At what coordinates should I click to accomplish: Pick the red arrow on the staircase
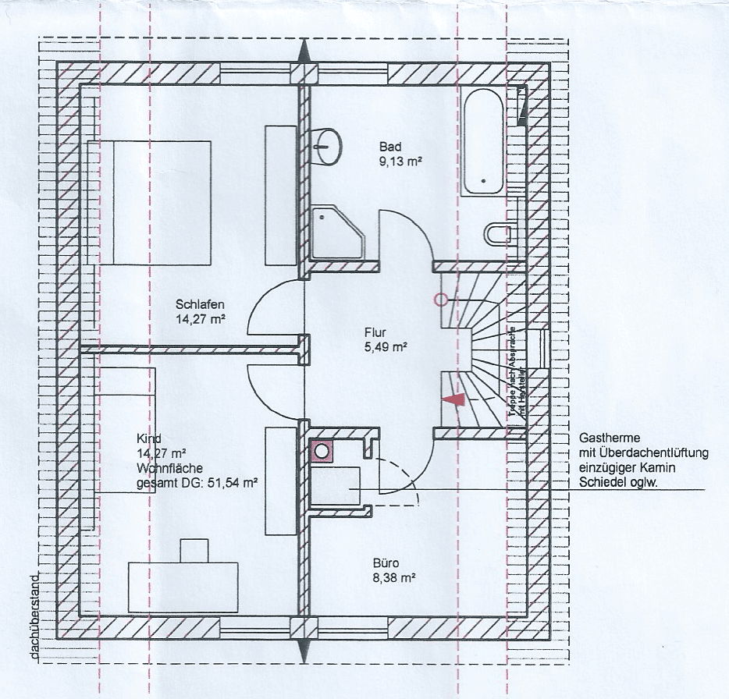pos(453,399)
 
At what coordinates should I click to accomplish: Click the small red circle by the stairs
pos(440,300)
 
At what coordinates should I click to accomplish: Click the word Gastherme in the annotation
pos(605,438)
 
